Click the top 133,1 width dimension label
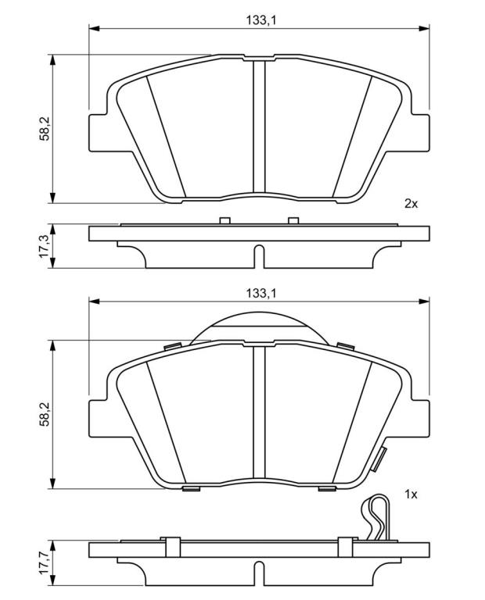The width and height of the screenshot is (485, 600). [261, 20]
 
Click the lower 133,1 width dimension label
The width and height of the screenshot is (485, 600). [261, 294]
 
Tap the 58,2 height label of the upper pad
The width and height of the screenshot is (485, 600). [45, 129]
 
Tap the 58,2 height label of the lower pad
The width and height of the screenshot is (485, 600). [45, 414]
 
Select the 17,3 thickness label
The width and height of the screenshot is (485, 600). [45, 246]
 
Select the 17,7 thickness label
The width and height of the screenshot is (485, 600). [45, 562]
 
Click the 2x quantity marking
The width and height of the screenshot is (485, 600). [411, 204]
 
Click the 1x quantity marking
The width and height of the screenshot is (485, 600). [411, 495]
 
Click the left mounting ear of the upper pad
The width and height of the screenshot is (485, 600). [98, 132]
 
